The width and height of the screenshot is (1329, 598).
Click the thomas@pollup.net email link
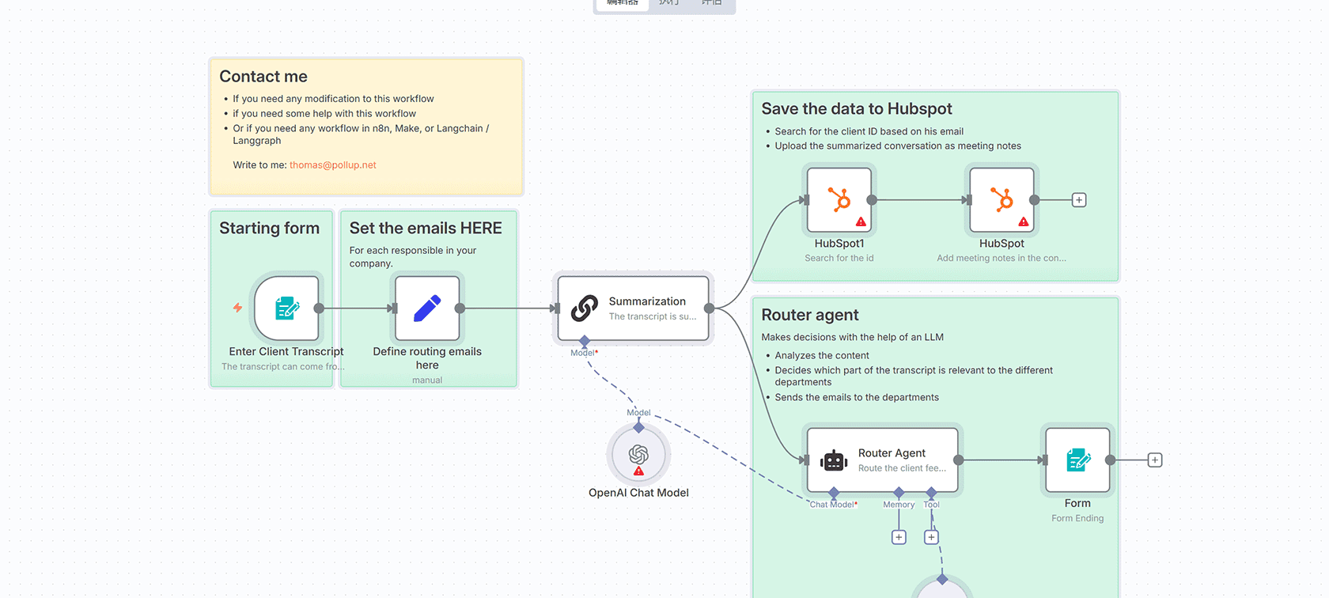[332, 165]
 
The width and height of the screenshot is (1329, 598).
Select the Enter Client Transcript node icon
[286, 308]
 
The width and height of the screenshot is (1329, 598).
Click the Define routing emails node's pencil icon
[427, 308]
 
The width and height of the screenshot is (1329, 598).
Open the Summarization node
[633, 308]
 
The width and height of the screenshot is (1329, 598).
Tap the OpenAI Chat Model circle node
[638, 455]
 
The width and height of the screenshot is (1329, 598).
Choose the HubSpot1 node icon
[839, 199]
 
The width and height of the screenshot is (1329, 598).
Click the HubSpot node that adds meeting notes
[1001, 199]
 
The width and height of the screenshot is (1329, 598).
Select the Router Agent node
[882, 460]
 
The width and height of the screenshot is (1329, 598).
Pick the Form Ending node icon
[1077, 460]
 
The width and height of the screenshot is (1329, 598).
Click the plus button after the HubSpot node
[1079, 200]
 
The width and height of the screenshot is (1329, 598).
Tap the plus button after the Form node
[1155, 460]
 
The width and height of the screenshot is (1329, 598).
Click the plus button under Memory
[899, 537]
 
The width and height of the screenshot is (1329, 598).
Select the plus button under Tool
[932, 537]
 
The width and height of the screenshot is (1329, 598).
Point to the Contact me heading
[263, 77]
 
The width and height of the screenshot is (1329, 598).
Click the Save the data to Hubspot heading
[856, 109]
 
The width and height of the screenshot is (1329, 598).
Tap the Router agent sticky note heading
[809, 315]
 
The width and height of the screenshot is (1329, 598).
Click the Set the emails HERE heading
[426, 229]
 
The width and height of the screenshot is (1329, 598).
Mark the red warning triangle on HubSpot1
[861, 222]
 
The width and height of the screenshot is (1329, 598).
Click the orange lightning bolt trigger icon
[237, 308]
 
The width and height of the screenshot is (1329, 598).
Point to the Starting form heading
[269, 229]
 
